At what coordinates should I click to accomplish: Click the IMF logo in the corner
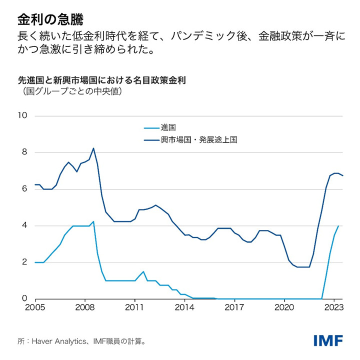(x=328, y=341)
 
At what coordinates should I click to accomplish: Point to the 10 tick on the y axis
(x=22, y=116)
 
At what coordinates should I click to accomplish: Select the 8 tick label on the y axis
(x=24, y=152)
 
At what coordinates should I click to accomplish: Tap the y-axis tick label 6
(x=24, y=189)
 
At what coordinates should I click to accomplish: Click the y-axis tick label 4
(x=24, y=225)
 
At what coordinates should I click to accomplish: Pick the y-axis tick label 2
(x=24, y=262)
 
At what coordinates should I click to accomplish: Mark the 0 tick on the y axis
(x=24, y=298)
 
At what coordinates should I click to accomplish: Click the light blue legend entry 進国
(x=167, y=127)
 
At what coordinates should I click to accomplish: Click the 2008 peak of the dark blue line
(x=93, y=148)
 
